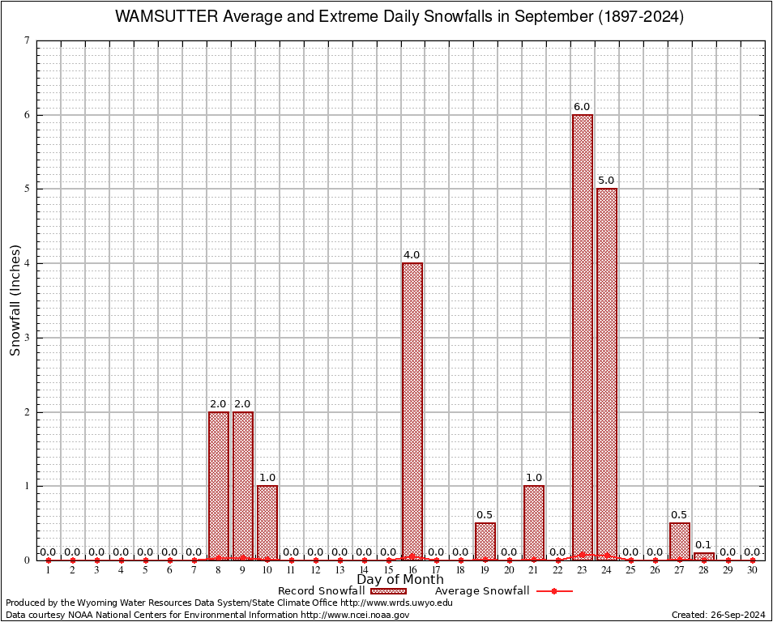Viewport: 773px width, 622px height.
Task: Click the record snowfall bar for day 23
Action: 582,336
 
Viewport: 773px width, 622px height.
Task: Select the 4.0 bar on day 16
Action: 412,411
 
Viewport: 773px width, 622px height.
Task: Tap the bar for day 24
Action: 606,373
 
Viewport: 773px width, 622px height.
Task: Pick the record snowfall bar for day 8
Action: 219,485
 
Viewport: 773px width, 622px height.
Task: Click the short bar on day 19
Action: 485,541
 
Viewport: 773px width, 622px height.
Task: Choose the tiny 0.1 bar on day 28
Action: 703,556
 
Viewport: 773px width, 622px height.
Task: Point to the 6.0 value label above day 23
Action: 582,107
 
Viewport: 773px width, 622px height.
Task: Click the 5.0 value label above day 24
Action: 606,181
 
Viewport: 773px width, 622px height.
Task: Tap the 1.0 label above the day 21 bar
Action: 533,478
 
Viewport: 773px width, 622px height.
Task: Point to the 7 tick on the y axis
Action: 27,40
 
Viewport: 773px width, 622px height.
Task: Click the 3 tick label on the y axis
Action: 27,338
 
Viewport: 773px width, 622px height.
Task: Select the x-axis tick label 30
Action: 752,571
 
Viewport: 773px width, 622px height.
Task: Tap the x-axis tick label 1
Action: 49,571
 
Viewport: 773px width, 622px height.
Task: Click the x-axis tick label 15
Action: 388,571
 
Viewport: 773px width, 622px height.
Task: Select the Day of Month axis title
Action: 399,580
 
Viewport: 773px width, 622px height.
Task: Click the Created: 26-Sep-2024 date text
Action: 718,615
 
